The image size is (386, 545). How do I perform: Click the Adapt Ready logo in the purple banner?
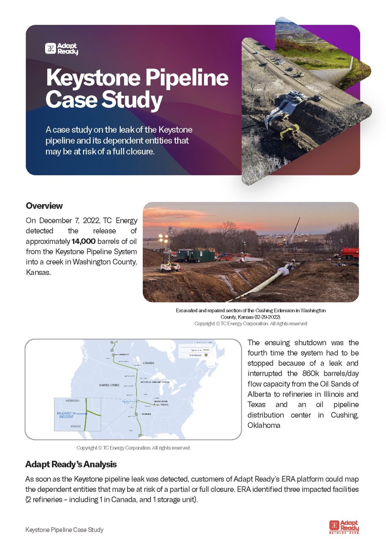click(61, 49)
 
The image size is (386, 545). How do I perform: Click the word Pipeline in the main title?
click(187, 78)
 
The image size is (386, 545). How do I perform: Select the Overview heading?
click(44, 206)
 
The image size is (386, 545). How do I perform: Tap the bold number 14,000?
click(83, 241)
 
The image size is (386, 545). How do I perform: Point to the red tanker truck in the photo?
click(349, 253)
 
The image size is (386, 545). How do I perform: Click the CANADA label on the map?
click(148, 363)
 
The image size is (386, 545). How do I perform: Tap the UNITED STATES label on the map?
click(109, 385)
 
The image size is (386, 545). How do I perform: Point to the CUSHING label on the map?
click(146, 414)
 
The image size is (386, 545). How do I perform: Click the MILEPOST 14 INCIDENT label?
click(66, 415)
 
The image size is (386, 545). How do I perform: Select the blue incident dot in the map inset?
click(86, 414)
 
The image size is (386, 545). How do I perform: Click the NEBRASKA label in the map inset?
click(72, 401)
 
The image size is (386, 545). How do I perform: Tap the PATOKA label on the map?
click(164, 404)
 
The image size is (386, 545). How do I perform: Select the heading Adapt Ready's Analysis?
click(71, 464)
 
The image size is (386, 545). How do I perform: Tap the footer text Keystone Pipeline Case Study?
click(64, 530)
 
